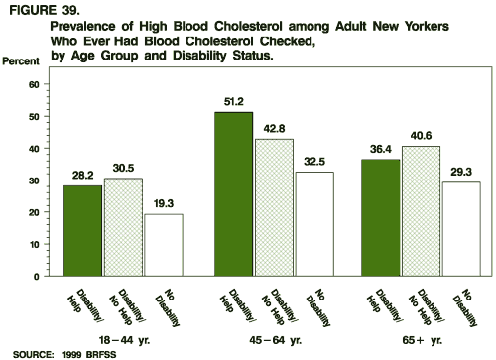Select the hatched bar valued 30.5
pos(124,227)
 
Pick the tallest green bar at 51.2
pos(234,193)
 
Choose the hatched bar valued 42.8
pos(273,207)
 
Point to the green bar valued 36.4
pos(382,217)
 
